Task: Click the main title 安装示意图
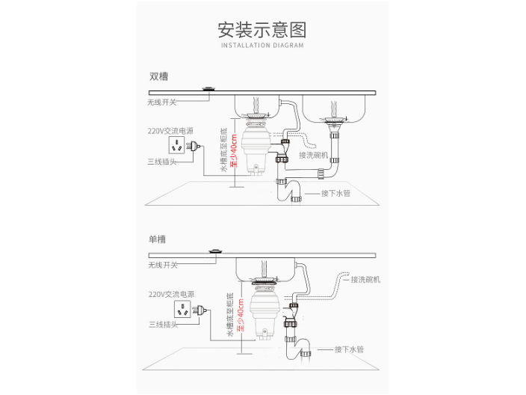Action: (262, 30)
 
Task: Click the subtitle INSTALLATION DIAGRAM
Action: (262, 46)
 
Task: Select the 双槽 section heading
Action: (158, 76)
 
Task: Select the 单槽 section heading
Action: (158, 239)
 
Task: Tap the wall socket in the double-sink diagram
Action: (177, 145)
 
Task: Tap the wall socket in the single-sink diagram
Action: (182, 309)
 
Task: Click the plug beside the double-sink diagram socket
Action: (194, 146)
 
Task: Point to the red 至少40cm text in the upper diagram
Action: (234, 150)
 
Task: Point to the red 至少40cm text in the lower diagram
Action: (241, 315)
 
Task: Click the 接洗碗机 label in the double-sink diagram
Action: (313, 155)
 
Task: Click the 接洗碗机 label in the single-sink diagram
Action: (365, 280)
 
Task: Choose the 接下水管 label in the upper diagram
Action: (335, 194)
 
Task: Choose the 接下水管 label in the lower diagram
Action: (349, 349)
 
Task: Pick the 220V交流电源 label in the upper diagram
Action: (170, 131)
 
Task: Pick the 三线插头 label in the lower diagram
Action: (163, 325)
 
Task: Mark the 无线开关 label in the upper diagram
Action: (161, 102)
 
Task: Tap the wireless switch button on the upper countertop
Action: (209, 89)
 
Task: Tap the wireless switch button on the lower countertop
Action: (215, 251)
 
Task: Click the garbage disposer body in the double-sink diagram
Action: (256, 148)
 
